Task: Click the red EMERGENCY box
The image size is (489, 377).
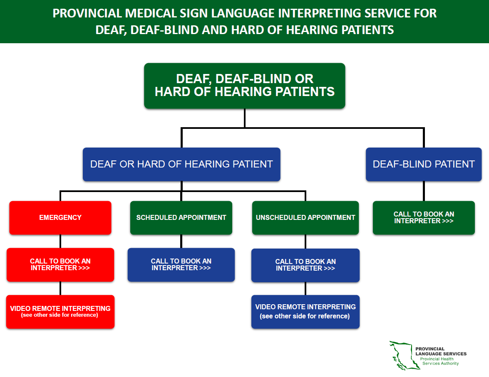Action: (60, 217)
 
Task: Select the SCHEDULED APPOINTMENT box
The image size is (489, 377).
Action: (181, 217)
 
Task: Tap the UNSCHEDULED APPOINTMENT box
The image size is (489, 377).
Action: (305, 217)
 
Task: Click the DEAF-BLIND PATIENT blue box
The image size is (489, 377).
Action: (424, 164)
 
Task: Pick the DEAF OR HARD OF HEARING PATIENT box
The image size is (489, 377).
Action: (181, 164)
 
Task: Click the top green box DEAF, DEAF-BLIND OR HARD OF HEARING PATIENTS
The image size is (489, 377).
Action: (245, 86)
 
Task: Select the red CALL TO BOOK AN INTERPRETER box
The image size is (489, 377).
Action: (60, 265)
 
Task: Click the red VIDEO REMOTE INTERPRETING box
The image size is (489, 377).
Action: (60, 311)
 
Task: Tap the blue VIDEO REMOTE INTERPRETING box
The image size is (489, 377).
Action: (305, 311)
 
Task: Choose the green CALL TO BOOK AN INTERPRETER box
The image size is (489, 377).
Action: (424, 217)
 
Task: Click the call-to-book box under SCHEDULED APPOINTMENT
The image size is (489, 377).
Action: (181, 265)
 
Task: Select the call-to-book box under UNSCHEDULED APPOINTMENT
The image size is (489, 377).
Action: (305, 265)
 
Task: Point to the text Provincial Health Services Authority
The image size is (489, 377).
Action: (439, 361)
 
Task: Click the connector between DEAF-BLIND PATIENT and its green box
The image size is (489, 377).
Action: (424, 191)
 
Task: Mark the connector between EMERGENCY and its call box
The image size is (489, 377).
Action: (60, 241)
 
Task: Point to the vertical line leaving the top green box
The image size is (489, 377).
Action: (245, 118)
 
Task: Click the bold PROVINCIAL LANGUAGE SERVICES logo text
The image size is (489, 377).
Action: (440, 351)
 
